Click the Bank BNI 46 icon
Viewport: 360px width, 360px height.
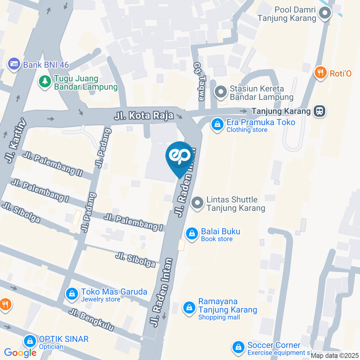(x=14, y=64)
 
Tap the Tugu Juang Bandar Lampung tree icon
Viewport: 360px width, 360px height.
(x=45, y=82)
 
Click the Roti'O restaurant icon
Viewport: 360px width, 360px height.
(x=320, y=73)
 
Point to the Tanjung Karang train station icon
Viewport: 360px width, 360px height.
(x=320, y=111)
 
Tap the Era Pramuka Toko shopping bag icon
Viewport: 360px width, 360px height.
(x=217, y=125)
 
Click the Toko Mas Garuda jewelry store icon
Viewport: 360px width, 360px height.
(x=71, y=295)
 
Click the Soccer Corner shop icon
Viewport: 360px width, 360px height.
(x=238, y=348)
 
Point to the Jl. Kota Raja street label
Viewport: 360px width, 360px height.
(x=144, y=116)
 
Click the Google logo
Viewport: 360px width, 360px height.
(x=20, y=353)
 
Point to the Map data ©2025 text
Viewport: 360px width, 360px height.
(x=334, y=355)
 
